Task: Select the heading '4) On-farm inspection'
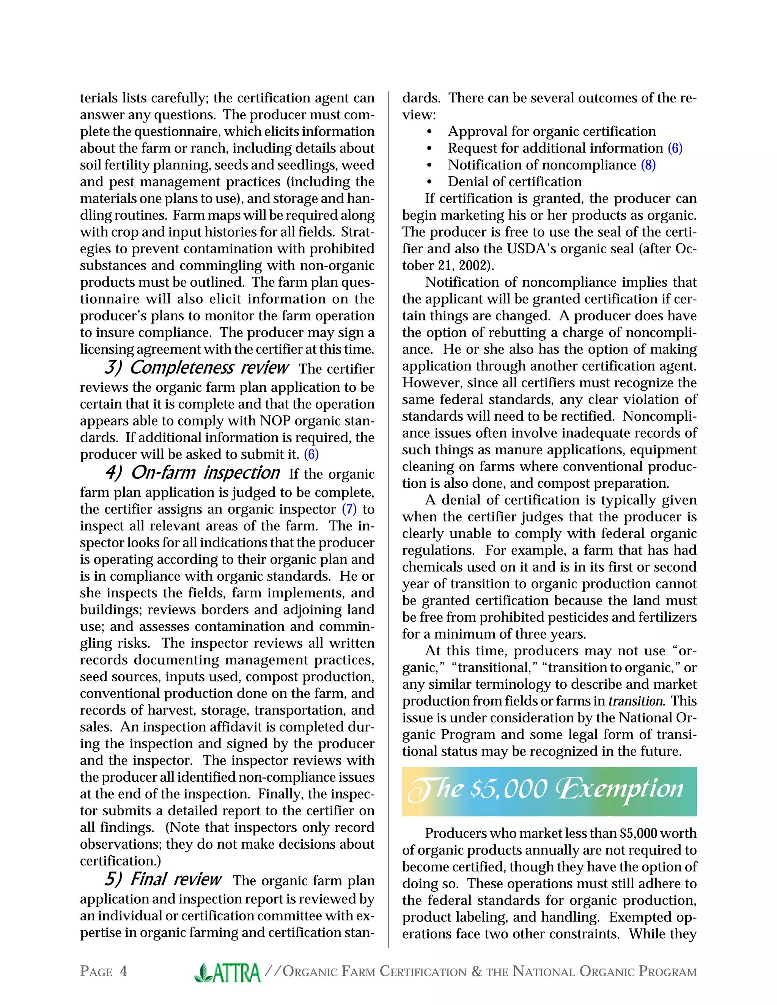(192, 473)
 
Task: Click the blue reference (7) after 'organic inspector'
(349, 509)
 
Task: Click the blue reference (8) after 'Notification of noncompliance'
(648, 165)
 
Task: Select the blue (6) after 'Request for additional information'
(675, 148)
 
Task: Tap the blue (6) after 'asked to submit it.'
(311, 455)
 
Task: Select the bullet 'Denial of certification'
(514, 182)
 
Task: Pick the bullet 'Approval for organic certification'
(551, 132)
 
